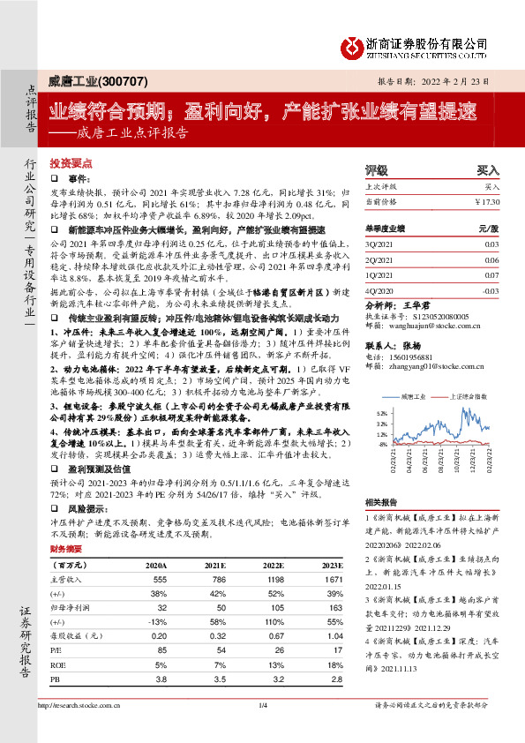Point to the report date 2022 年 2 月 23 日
point(459,80)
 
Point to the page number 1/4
point(262,730)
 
